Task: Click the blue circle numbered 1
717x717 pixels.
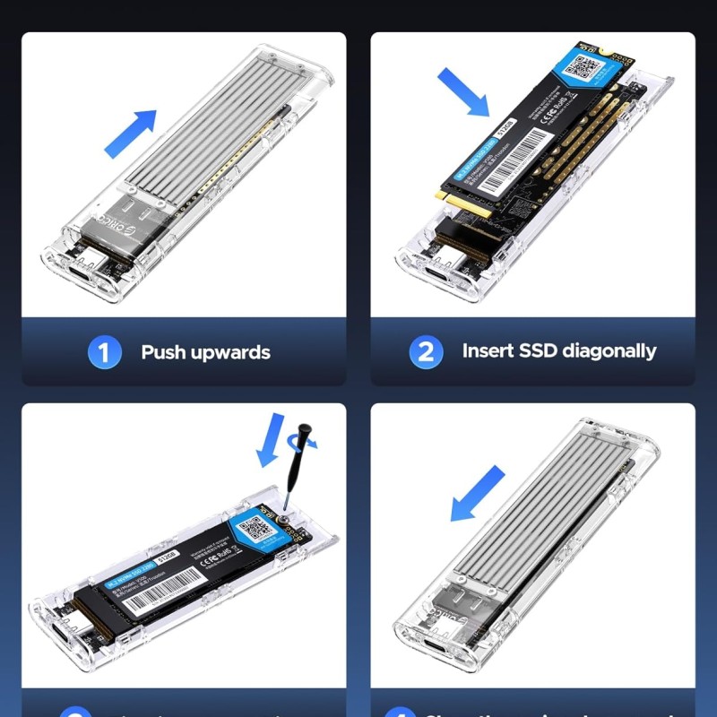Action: (104, 352)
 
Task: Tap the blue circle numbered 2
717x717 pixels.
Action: (426, 352)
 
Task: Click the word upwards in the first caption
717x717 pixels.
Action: (230, 352)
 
